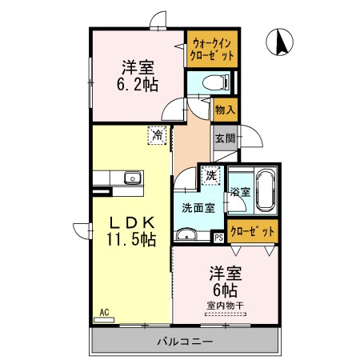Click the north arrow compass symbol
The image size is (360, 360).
282,41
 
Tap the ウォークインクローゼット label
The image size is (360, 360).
212,50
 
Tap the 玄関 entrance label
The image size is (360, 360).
225,138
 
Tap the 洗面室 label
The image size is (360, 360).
196,208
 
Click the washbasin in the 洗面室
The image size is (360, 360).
186,234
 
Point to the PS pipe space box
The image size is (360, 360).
218,237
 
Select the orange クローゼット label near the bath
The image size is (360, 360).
253,231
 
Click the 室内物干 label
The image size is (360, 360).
225,305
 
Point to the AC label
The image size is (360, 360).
104,312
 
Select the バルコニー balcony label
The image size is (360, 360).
183,343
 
